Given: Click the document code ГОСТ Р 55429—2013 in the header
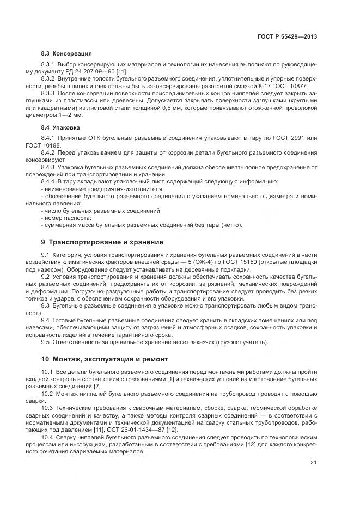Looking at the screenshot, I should point(287,36).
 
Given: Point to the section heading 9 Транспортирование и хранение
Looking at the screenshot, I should point(102,242).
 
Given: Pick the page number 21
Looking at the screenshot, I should point(313,463).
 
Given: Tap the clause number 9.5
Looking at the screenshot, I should point(46,342).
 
